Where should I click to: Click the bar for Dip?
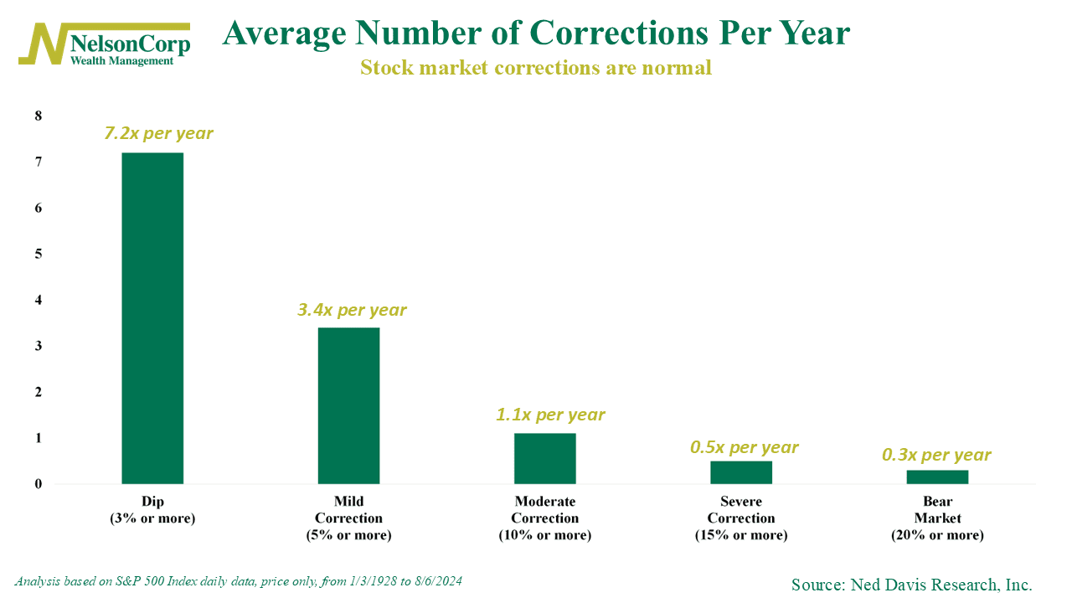152,318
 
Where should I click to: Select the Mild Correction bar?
349,405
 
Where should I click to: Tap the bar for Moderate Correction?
545,458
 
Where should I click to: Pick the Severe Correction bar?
741,472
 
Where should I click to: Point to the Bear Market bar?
937,477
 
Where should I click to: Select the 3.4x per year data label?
352,310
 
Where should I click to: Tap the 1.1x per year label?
550,415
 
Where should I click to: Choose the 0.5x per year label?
745,447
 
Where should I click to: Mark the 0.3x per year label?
936,455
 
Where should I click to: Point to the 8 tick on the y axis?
38,116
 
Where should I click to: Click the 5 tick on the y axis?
38,254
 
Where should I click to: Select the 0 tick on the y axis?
38,484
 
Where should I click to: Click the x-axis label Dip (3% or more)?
152,510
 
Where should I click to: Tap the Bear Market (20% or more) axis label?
937,518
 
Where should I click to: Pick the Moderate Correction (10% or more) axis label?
545,518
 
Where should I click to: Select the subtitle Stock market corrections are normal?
536,68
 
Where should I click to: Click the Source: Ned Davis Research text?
911,585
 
